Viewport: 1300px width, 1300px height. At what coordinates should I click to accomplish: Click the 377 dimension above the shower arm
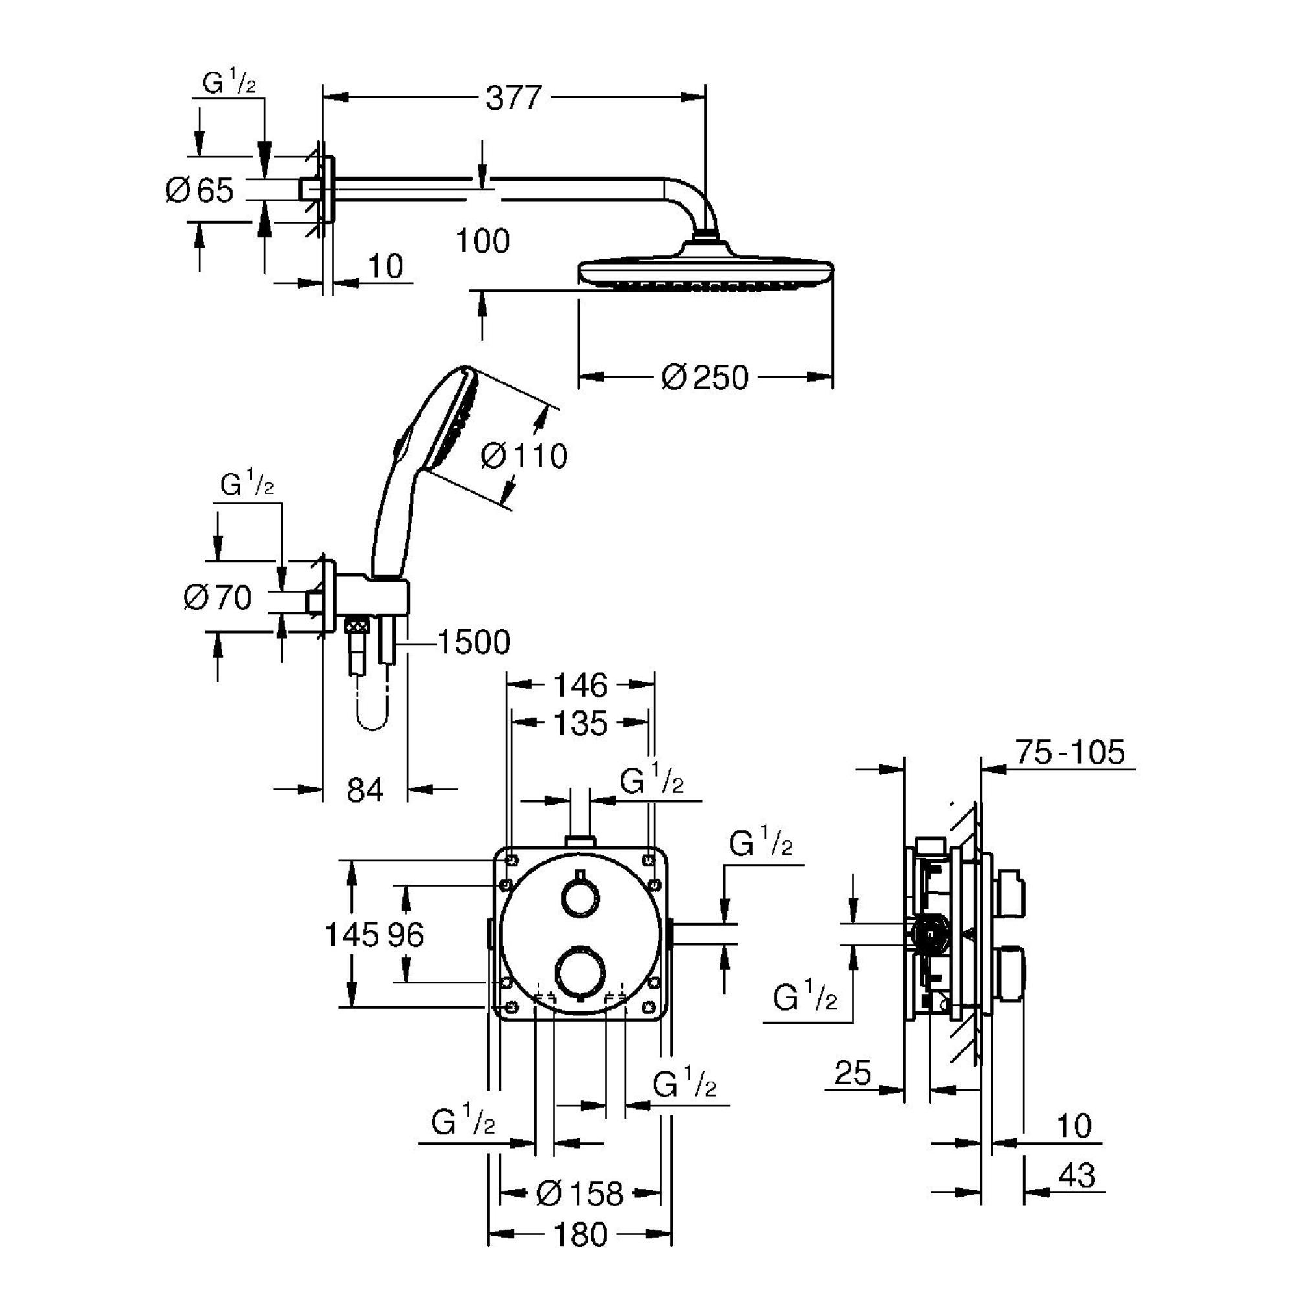[x=514, y=98]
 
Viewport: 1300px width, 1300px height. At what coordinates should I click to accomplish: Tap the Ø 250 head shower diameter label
[x=705, y=378]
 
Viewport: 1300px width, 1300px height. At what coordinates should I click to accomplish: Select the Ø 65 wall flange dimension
[x=199, y=190]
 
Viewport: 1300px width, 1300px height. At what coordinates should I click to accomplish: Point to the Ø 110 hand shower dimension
[x=524, y=456]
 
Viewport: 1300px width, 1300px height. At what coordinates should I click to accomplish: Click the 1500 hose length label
[x=474, y=642]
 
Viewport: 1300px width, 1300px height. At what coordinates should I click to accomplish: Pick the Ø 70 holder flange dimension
[x=217, y=597]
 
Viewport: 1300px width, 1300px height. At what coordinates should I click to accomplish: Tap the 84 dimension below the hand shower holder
[x=365, y=789]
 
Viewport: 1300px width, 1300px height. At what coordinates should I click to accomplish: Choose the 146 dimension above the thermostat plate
[x=580, y=686]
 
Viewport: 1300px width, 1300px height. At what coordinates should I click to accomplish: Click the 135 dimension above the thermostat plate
[x=580, y=723]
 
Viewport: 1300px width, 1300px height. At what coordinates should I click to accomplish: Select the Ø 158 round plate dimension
[x=580, y=1194]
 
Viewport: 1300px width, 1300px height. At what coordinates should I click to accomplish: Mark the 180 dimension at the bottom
[x=580, y=1236]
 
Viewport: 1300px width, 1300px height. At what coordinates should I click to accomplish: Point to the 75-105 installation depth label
[x=1070, y=752]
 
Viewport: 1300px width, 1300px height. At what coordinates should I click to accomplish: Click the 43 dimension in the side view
[x=1077, y=1175]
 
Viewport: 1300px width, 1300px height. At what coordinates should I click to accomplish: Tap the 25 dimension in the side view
[x=853, y=1072]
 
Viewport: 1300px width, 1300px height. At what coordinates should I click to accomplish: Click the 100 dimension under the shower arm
[x=482, y=241]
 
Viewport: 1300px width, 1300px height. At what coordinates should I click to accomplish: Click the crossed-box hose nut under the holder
[x=357, y=627]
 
